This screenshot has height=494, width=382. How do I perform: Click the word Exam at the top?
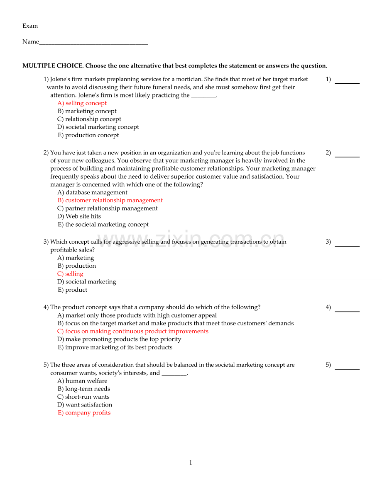[x=30, y=26]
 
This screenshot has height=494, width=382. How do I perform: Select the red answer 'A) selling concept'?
[x=82, y=103]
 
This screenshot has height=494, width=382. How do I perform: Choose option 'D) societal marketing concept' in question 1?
[x=98, y=127]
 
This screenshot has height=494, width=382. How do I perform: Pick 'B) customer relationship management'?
[x=110, y=201]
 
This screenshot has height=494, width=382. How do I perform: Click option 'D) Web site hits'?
[x=79, y=216]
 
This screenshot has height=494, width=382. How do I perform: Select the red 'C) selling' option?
[x=70, y=274]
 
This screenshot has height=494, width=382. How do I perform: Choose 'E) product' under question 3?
[x=72, y=290]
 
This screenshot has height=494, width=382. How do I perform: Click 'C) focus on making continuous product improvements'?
[x=133, y=332]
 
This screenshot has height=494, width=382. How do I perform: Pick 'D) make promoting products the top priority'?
[x=119, y=339]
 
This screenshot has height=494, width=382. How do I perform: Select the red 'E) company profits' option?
[x=84, y=413]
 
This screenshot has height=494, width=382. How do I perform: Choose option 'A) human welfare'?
[x=82, y=381]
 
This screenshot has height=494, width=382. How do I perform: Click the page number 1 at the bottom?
[x=191, y=463]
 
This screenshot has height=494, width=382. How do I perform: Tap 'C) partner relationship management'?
[x=108, y=208]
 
